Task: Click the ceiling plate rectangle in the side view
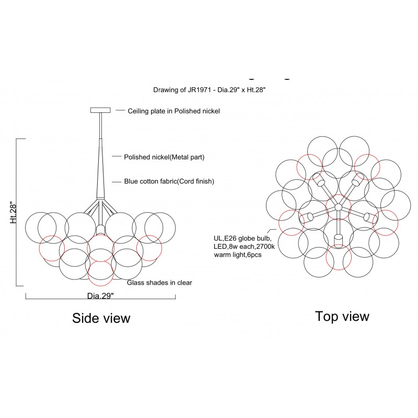(x=100, y=110)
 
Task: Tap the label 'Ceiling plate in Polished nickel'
(x=174, y=111)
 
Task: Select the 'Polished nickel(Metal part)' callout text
(x=164, y=157)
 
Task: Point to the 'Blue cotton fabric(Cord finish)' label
(x=169, y=181)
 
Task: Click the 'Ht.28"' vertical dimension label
(x=14, y=213)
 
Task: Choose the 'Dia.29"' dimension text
(x=100, y=296)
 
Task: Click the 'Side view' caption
(x=101, y=318)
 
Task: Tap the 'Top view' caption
(x=342, y=316)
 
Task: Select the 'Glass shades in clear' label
(x=160, y=283)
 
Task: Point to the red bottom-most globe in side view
(x=100, y=272)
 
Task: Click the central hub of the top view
(x=338, y=207)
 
